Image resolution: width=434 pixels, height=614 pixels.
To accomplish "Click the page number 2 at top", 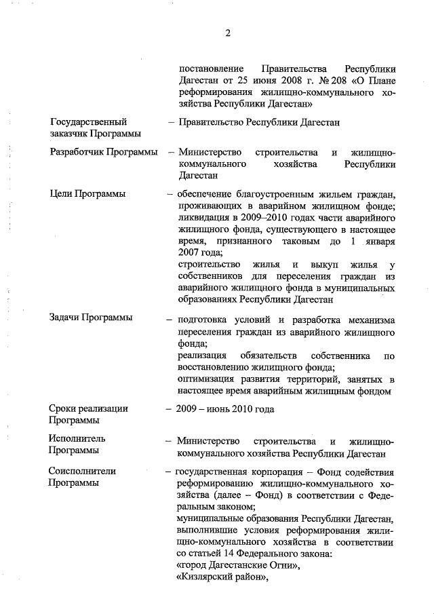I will [x=229, y=33].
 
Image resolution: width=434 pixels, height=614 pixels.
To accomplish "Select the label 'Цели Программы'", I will [x=87, y=194].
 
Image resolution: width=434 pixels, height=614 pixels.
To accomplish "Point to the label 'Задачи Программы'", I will [x=91, y=318].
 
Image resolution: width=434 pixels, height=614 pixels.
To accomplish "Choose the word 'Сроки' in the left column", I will [x=63, y=408].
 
